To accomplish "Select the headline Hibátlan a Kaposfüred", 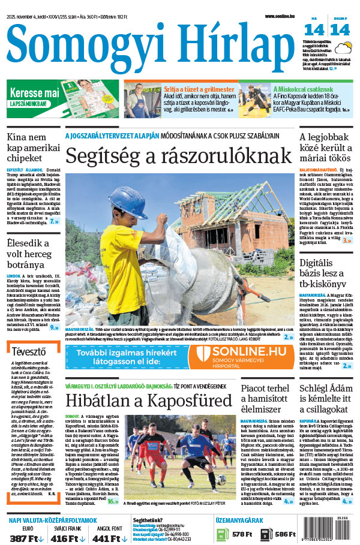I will [148, 401].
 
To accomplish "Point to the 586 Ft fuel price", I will [286, 534].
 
